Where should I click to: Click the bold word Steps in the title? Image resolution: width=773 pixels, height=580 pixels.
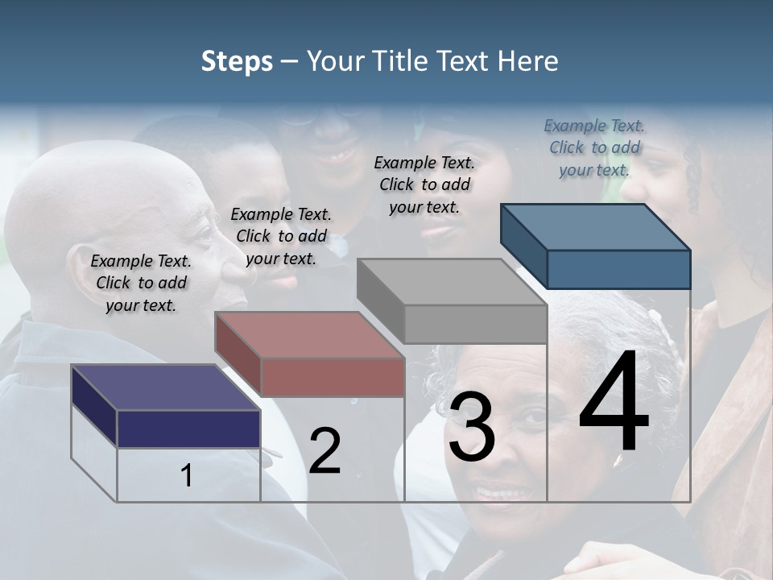237,61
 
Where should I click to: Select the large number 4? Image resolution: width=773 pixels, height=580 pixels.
614,403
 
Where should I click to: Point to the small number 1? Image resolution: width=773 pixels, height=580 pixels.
187,476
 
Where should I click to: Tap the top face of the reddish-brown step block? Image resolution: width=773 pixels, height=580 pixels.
310,335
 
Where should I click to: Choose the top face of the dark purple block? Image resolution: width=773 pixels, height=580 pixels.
166,387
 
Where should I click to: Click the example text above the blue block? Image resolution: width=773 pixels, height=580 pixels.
594,147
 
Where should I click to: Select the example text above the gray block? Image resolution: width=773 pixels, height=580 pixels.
424,184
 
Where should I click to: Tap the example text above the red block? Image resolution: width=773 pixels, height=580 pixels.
281,236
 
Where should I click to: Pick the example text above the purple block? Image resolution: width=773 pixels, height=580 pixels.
141,283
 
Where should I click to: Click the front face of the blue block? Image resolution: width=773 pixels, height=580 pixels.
618,269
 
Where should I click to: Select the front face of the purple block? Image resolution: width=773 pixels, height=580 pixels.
188,429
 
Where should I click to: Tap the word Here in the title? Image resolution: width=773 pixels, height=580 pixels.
528,61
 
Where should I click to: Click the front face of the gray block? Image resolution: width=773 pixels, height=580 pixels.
475,324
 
